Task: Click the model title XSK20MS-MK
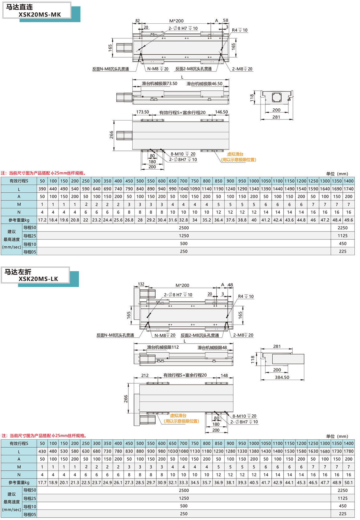pyautogui.click(x=40, y=14)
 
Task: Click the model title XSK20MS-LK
pyautogui.click(x=38, y=279)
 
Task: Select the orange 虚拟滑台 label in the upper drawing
pyautogui.click(x=235, y=154)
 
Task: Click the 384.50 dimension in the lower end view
pyautogui.click(x=282, y=377)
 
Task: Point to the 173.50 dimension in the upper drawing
pyautogui.click(x=142, y=112)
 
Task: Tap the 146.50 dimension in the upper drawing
pyautogui.click(x=222, y=112)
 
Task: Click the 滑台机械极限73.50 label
pyautogui.click(x=159, y=83)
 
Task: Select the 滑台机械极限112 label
pyautogui.click(x=163, y=347)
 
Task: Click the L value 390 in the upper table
pyautogui.click(x=42, y=189)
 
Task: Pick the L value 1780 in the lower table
pyautogui.click(x=349, y=451)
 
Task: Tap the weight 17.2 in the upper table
pyautogui.click(x=42, y=220)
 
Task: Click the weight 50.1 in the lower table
pyautogui.click(x=349, y=483)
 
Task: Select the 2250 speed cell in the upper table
pyautogui.click(x=342, y=228)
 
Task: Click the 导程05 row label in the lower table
pyautogui.click(x=30, y=514)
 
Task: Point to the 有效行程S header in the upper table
pyautogui.click(x=19, y=181)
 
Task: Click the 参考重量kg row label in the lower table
pyautogui.click(x=19, y=483)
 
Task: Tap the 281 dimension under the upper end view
pyautogui.click(x=276, y=117)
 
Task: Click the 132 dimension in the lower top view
pyautogui.click(x=141, y=284)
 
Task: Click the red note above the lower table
pyautogui.click(x=44, y=436)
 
